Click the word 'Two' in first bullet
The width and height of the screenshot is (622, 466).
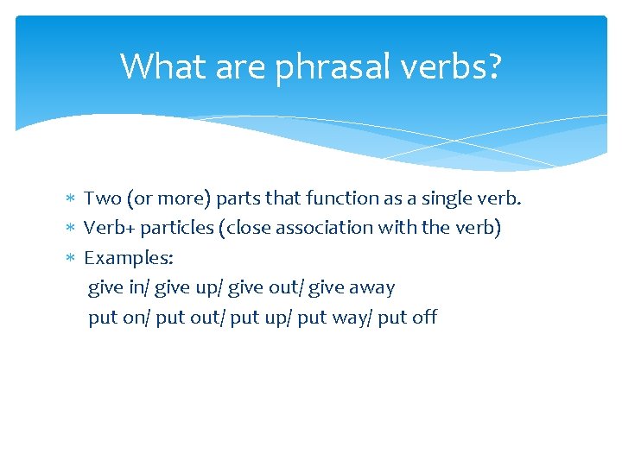point(102,198)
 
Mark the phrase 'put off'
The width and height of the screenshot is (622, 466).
point(408,318)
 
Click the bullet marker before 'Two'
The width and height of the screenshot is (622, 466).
point(71,199)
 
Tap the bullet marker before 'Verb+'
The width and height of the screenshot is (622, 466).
point(71,229)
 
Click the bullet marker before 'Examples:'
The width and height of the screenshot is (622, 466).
point(71,258)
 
